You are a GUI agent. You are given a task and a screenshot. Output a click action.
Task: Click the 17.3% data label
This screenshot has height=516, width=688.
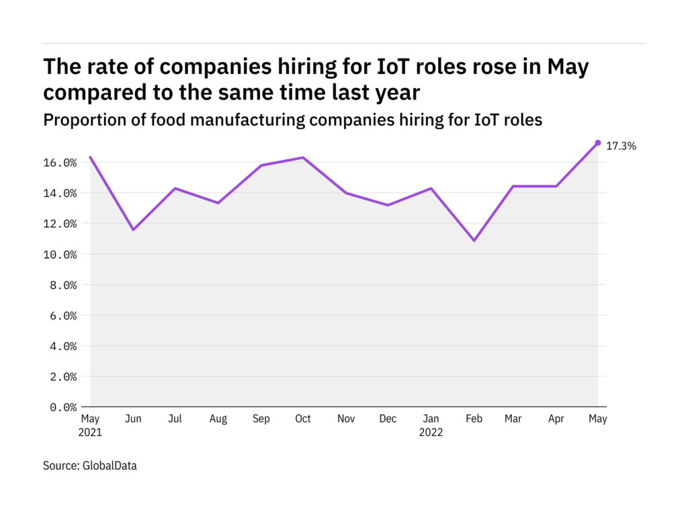[x=621, y=146]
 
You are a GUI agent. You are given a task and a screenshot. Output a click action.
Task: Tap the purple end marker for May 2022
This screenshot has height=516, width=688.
[x=597, y=142]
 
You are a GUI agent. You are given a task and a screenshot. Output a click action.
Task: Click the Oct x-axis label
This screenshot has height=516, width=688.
[x=303, y=419]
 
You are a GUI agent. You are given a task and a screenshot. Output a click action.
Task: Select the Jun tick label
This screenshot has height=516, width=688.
[x=133, y=419]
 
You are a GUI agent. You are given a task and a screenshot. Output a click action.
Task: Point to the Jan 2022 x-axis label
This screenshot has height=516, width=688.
[x=431, y=425]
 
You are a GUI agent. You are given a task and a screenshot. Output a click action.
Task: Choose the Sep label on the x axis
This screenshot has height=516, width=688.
[x=261, y=419]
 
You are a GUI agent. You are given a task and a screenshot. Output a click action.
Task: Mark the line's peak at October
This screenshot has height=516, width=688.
[x=303, y=158]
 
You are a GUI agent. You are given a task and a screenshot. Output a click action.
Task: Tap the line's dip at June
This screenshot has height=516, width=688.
[x=133, y=230]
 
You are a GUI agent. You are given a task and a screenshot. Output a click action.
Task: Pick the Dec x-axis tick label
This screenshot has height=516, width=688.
[x=388, y=419]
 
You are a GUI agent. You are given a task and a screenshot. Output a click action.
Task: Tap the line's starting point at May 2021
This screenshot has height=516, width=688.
[x=91, y=157]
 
